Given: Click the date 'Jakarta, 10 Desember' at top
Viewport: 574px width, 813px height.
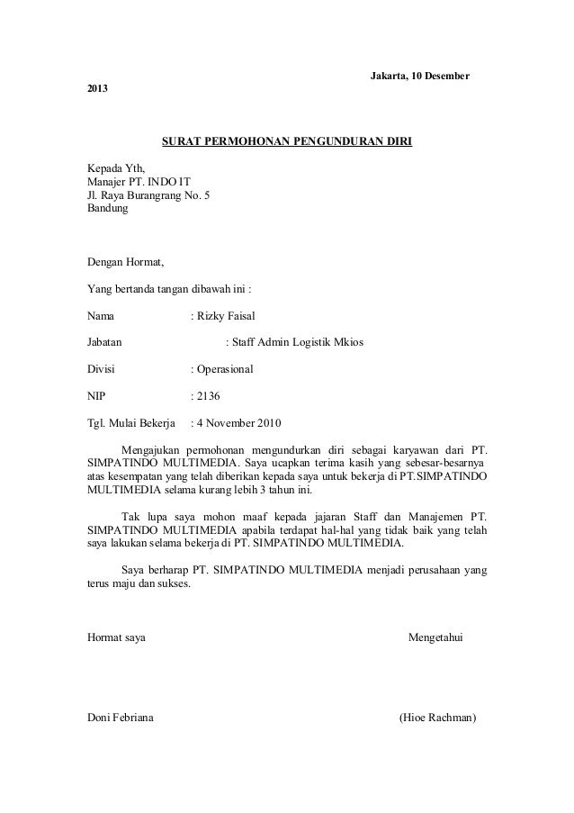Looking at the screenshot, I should tap(420, 72).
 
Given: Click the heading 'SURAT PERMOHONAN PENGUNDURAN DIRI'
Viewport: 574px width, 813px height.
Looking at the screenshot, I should tap(286, 142).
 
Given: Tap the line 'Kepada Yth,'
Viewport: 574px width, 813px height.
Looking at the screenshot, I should tap(114, 168).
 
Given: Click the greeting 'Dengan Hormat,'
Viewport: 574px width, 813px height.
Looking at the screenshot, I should tap(125, 263).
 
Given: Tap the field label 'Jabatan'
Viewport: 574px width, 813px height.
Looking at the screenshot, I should tap(106, 343).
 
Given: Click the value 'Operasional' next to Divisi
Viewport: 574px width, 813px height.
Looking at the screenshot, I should tap(226, 369).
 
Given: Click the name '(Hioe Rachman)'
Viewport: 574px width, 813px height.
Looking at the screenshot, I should tap(437, 718).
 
